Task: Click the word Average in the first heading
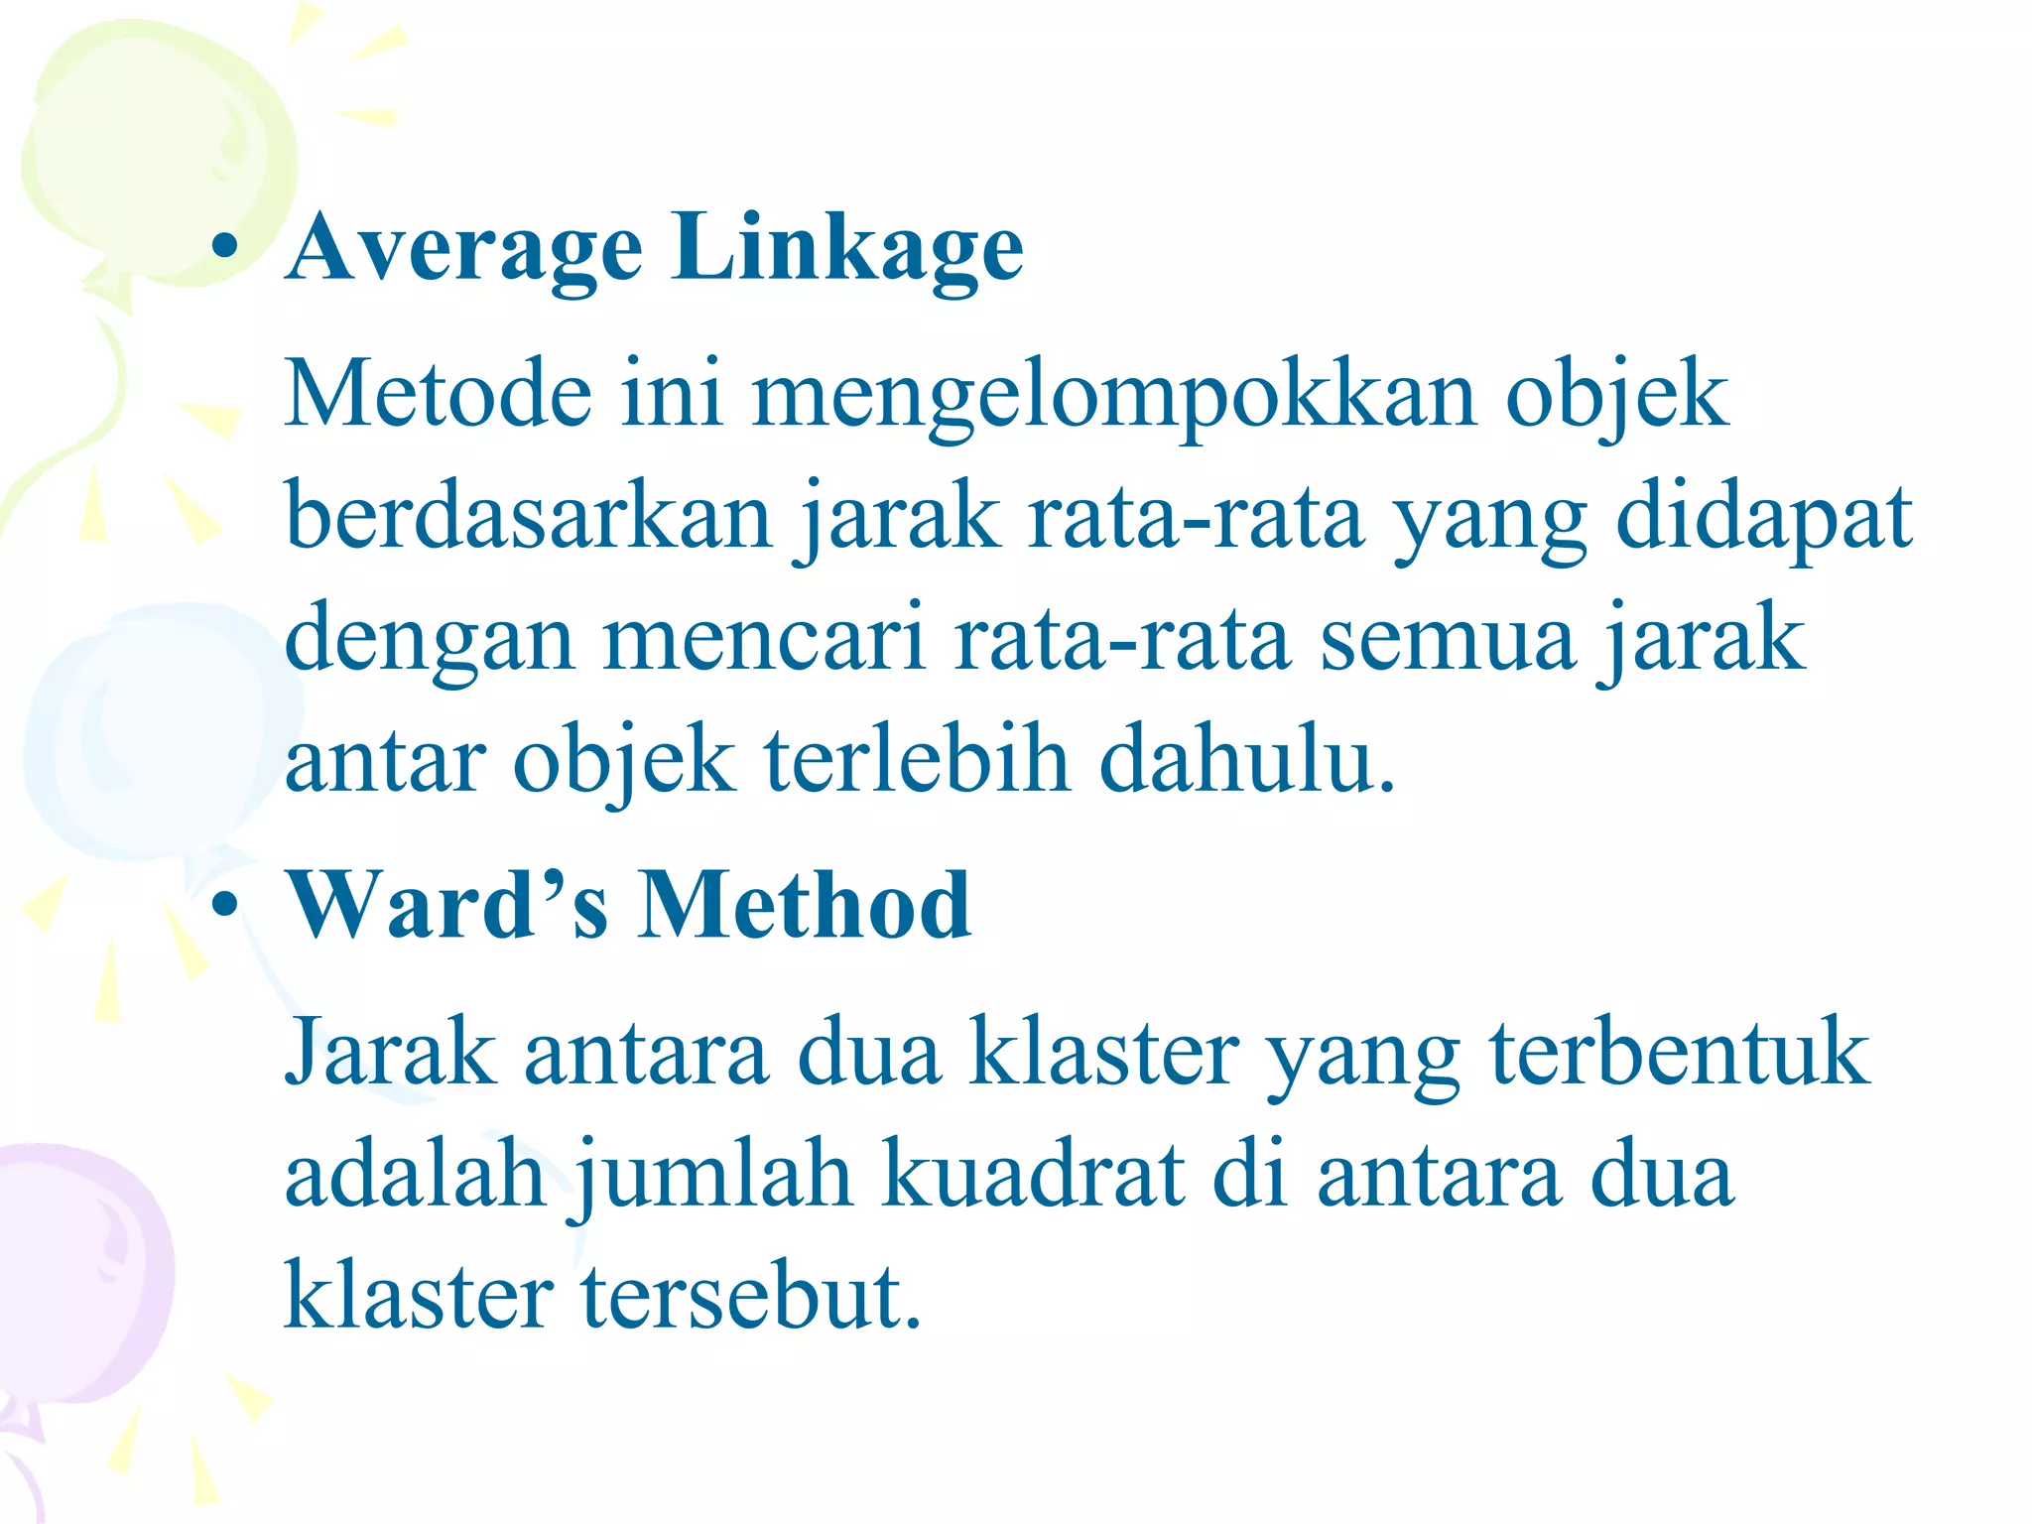tap(464, 248)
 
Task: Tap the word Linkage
tap(846, 248)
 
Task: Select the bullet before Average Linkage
tap(226, 248)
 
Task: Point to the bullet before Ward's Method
tap(226, 904)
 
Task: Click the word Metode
tap(439, 394)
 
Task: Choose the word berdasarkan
tap(528, 516)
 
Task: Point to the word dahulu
tap(1246, 760)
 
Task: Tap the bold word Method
tap(804, 904)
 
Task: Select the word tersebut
tap(751, 1296)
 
